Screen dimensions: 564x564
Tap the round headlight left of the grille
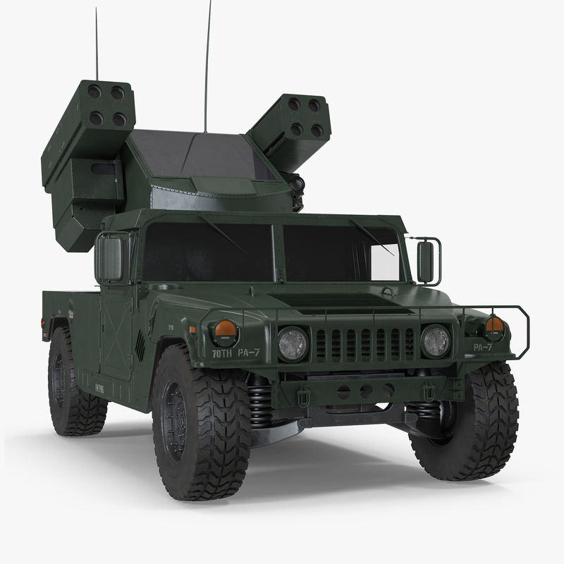click(x=292, y=343)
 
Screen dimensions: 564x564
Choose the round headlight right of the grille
click(x=435, y=340)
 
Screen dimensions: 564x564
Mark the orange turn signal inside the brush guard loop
click(x=494, y=325)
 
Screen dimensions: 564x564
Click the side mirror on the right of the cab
click(x=426, y=262)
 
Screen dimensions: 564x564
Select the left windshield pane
click(x=207, y=252)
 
